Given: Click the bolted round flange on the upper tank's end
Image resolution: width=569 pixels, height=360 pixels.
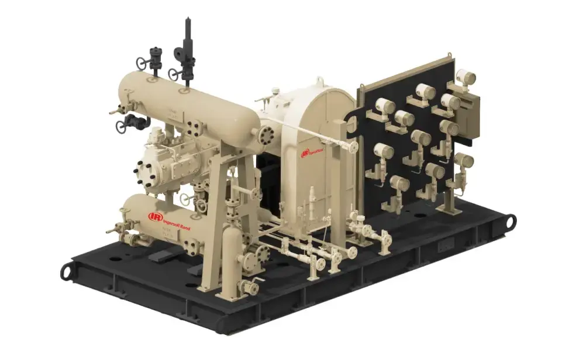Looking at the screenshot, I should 268,134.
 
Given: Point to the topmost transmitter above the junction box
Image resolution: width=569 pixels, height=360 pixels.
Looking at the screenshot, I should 465,77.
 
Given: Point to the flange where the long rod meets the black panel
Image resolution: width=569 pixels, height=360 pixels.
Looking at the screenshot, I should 353,146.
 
